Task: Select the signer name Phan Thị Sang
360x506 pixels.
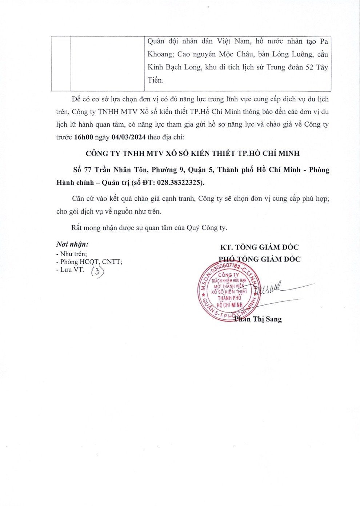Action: (x=258, y=319)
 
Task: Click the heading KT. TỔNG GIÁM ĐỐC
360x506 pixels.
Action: (x=259, y=247)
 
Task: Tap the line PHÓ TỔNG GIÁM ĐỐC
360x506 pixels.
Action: (x=259, y=259)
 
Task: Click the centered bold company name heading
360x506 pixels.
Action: (x=193, y=153)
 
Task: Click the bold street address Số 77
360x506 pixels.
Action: (x=82, y=170)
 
